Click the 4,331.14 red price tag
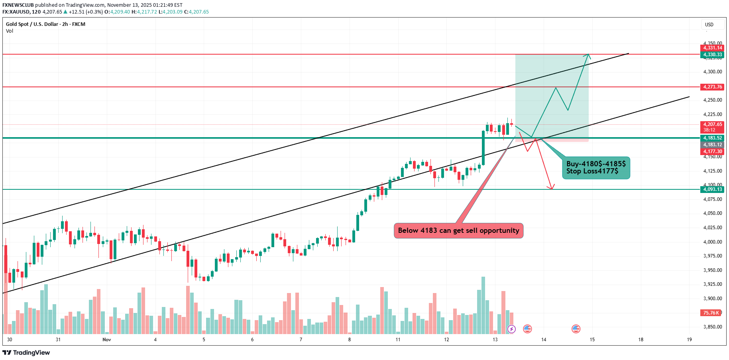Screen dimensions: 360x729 [x=712, y=48]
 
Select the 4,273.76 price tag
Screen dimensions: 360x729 [x=712, y=87]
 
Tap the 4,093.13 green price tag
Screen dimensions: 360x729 [x=712, y=189]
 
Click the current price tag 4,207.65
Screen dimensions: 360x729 [x=712, y=124]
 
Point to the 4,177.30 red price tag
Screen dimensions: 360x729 [x=712, y=151]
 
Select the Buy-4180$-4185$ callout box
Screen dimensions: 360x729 [x=596, y=167]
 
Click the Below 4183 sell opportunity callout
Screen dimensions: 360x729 [x=458, y=230]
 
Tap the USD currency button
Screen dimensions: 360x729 [x=709, y=25]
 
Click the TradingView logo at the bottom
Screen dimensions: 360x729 [x=26, y=352]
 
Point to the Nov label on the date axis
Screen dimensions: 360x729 [x=106, y=340]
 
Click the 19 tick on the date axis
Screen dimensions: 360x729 [x=689, y=340]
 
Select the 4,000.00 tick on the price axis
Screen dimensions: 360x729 [x=712, y=242]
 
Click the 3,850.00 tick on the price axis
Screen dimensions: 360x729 [x=712, y=327]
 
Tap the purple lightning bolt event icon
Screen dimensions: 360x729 [x=511, y=329]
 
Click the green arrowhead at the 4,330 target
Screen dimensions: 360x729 [x=588, y=56]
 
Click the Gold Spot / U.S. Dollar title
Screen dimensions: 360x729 [x=32, y=24]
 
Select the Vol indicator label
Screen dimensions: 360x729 [x=10, y=31]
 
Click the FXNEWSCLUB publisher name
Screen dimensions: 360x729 [x=18, y=5]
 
